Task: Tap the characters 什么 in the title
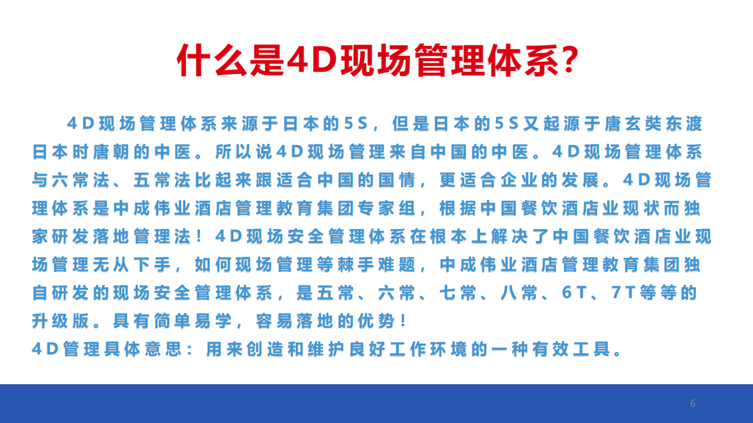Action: (212, 61)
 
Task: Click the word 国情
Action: (397, 180)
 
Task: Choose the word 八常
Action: (519, 293)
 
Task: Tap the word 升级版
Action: (61, 321)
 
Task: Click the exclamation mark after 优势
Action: (404, 321)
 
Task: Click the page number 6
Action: (692, 403)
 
